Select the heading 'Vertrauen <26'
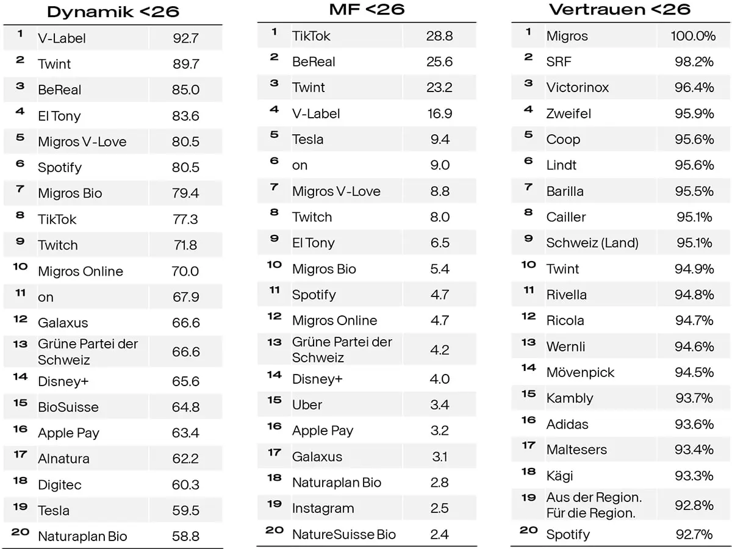[619, 9]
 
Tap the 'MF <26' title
[367, 9]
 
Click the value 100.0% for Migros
[693, 36]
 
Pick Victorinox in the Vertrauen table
[577, 88]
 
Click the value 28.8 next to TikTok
[439, 36]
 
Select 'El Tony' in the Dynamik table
[59, 116]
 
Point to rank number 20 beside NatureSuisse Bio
[274, 530]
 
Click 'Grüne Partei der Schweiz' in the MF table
[342, 350]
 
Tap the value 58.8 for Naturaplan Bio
[185, 537]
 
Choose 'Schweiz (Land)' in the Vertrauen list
[592, 243]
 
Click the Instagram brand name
[323, 509]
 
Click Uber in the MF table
[307, 405]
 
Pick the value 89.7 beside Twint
[185, 64]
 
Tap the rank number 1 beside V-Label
[20, 34]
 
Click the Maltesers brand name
[576, 450]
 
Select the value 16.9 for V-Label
[439, 113]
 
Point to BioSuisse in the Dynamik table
[68, 407]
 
